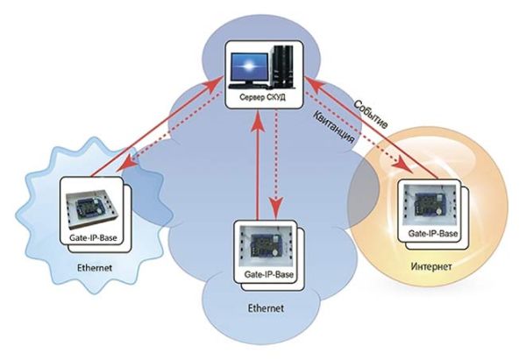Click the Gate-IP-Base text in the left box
[91, 236]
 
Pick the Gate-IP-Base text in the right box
[433, 235]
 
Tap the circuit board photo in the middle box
[263, 244]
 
